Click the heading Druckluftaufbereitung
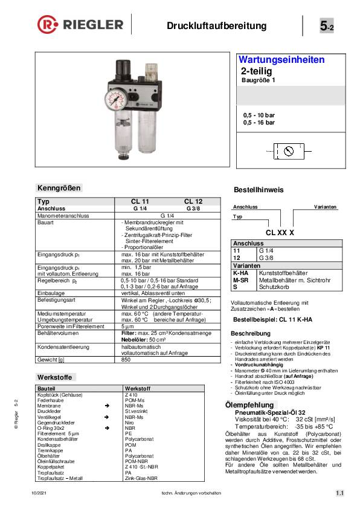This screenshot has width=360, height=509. click(216, 25)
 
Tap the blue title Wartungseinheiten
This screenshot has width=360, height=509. click(282, 60)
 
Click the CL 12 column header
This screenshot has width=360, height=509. click(193, 201)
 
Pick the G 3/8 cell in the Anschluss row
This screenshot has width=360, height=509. click(193, 207)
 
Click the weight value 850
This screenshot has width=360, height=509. click(126, 360)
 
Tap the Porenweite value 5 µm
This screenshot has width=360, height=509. click(127, 326)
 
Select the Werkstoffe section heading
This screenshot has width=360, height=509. click(54, 377)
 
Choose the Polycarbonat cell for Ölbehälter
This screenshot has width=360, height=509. click(138, 456)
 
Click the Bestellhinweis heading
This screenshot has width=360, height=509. click(259, 190)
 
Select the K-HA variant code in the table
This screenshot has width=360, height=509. click(240, 273)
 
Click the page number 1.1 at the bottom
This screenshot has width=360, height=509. click(339, 494)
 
